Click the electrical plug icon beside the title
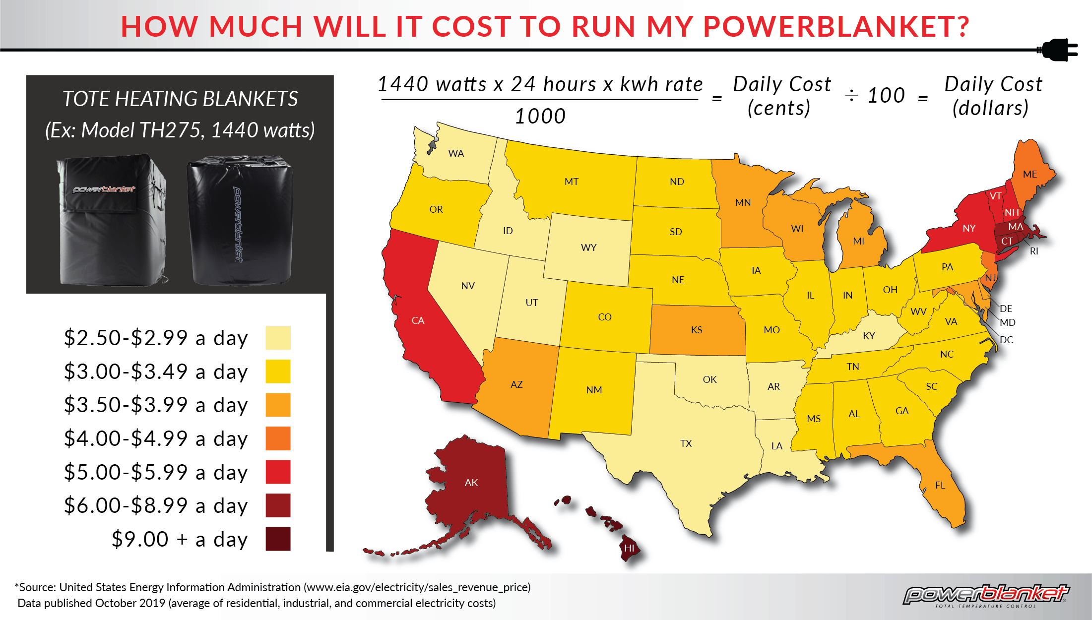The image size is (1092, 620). [x=1059, y=50]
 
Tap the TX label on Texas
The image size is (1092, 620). [x=686, y=443]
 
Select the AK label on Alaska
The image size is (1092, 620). [x=471, y=483]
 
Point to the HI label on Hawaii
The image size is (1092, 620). [x=629, y=548]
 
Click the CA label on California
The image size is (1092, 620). [x=418, y=320]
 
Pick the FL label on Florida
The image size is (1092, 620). [x=940, y=485]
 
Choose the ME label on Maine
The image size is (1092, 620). [x=1029, y=174]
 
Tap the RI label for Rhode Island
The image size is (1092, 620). [x=1034, y=251]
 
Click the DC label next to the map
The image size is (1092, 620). [x=1006, y=340]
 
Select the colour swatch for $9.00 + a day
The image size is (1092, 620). [x=278, y=539]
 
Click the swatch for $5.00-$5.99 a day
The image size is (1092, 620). [x=278, y=472]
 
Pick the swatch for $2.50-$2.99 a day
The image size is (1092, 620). [x=278, y=338]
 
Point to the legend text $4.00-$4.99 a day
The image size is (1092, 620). [x=155, y=439]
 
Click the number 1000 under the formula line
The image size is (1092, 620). [x=540, y=117]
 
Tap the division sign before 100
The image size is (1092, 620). [x=851, y=95]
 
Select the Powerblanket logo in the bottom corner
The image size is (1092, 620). [x=985, y=595]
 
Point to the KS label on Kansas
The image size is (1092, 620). [x=696, y=330]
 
